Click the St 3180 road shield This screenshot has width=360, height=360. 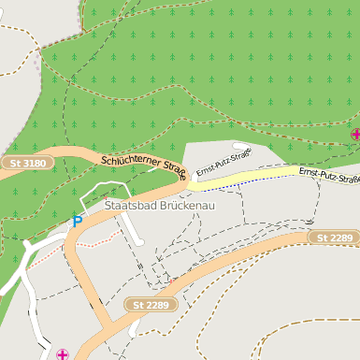point(28,164)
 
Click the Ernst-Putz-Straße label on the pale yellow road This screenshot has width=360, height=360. point(329,175)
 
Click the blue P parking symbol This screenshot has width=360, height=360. point(77,222)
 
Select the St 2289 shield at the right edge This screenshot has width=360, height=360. point(334,238)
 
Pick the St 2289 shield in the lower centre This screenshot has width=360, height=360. point(151,305)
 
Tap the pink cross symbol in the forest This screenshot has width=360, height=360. point(355,135)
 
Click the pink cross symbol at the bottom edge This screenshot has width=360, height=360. point(63,354)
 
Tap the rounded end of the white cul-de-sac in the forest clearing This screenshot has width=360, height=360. point(245,147)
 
